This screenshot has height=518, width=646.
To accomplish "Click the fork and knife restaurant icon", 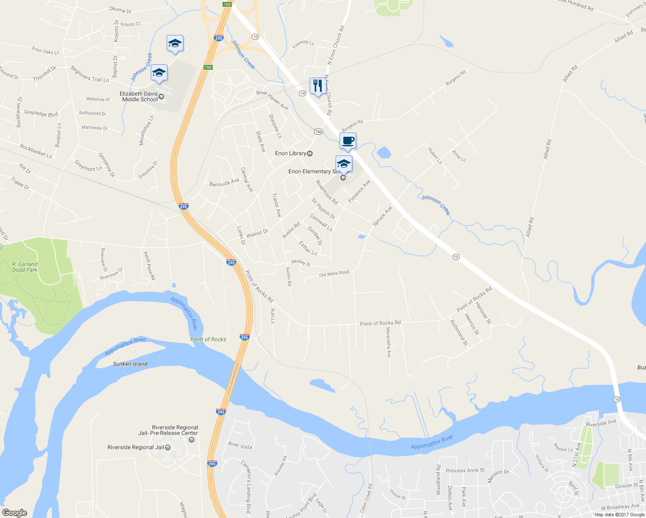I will pyautogui.click(x=317, y=86).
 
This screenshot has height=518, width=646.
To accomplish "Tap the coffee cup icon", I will pyautogui.click(x=348, y=140).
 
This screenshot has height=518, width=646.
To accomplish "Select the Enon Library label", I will pyautogui.click(x=291, y=153).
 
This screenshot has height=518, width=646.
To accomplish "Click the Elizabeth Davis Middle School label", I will pyautogui.click(x=139, y=96).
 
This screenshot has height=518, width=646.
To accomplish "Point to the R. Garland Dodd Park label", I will pyautogui.click(x=25, y=267).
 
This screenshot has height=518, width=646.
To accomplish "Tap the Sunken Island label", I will pyautogui.click(x=130, y=364).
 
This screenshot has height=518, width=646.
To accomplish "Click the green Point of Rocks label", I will pyautogui.click(x=208, y=339).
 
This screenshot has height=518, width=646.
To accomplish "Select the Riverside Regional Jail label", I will pyautogui.click(x=136, y=447).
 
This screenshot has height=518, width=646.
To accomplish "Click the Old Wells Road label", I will pyautogui.click(x=334, y=274).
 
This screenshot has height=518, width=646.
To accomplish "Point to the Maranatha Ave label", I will pyautogui.click(x=389, y=342).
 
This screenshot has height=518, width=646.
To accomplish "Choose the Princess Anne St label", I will pyautogui.click(x=465, y=471).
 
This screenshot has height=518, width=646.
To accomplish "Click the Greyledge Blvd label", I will pyautogui.click(x=41, y=113).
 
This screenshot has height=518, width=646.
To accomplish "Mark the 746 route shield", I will pyautogui.click(x=319, y=132).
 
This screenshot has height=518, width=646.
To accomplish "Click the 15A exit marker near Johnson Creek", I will pyautogui.click(x=208, y=67).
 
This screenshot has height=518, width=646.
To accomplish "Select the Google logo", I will pyautogui.click(x=14, y=512).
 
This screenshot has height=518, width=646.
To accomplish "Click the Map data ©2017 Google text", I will pyautogui.click(x=619, y=515).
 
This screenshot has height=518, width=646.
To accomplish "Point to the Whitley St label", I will pyautogui.click(x=301, y=262).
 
